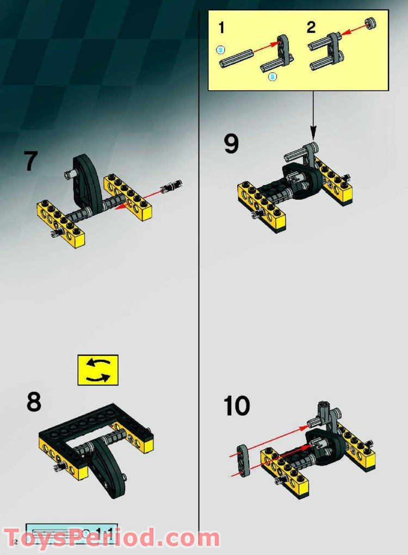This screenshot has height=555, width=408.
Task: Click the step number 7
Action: [32, 162]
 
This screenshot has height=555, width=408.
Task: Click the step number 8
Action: [33, 402]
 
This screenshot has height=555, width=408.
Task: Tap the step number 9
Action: [231, 144]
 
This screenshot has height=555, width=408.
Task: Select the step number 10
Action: [237, 406]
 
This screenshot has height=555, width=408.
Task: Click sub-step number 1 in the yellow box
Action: [221, 27]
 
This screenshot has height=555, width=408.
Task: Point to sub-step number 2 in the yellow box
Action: [311, 27]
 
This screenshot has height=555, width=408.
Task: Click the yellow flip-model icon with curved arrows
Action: [98, 370]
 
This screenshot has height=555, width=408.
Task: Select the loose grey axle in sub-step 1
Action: [237, 59]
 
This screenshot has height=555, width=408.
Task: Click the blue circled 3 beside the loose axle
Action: [220, 50]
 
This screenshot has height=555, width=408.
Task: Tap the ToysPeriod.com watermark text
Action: [112, 538]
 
